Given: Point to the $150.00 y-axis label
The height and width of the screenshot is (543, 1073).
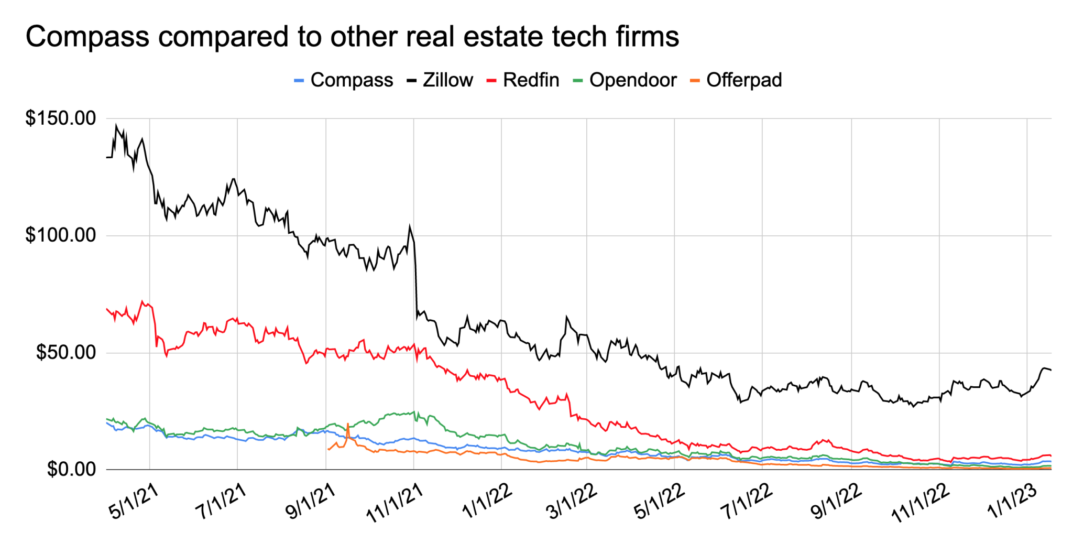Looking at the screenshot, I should click(x=61, y=118).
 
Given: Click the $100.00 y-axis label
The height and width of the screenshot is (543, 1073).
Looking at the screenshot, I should click(x=61, y=235).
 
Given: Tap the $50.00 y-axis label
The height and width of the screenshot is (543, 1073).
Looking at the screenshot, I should click(x=66, y=352).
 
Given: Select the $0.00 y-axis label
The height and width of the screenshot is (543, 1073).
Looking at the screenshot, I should click(x=71, y=469).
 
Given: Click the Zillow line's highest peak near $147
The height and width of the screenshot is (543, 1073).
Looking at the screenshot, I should click(x=116, y=125).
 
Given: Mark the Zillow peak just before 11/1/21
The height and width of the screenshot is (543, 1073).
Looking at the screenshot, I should click(x=410, y=226).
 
